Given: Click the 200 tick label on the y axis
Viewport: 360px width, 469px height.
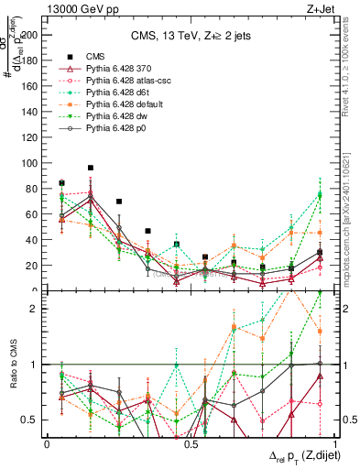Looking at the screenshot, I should point(30,35).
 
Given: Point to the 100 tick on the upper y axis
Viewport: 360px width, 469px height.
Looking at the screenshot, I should point(30,163).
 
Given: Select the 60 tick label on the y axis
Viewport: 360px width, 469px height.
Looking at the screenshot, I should point(33,214).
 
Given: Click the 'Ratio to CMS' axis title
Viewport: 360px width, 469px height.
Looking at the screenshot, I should point(12,365).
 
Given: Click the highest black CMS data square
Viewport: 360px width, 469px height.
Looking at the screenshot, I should point(91,168).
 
